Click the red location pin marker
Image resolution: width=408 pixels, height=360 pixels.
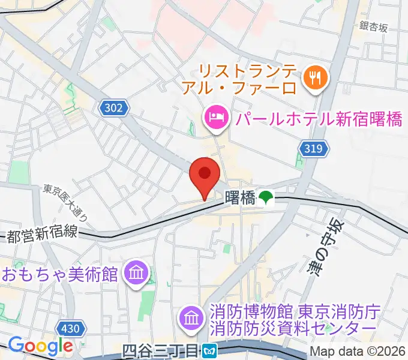pyautogui.click(x=204, y=175)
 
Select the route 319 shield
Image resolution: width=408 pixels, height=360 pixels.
pyautogui.click(x=313, y=149)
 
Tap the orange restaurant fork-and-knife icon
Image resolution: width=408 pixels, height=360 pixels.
pyautogui.click(x=314, y=76)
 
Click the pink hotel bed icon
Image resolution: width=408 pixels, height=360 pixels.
pyautogui.click(x=215, y=117)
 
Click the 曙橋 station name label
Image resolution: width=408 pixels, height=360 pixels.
pyautogui.click(x=240, y=197)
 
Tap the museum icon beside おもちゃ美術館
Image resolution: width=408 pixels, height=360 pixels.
pyautogui.click(x=136, y=274)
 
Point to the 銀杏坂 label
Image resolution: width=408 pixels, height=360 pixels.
pyautogui.click(x=374, y=26)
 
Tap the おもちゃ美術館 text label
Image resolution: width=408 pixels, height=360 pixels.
pyautogui.click(x=58, y=274)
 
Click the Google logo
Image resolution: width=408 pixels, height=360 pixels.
pyautogui.click(x=40, y=346)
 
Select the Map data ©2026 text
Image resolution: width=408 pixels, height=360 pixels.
pyautogui.click(x=358, y=351)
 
